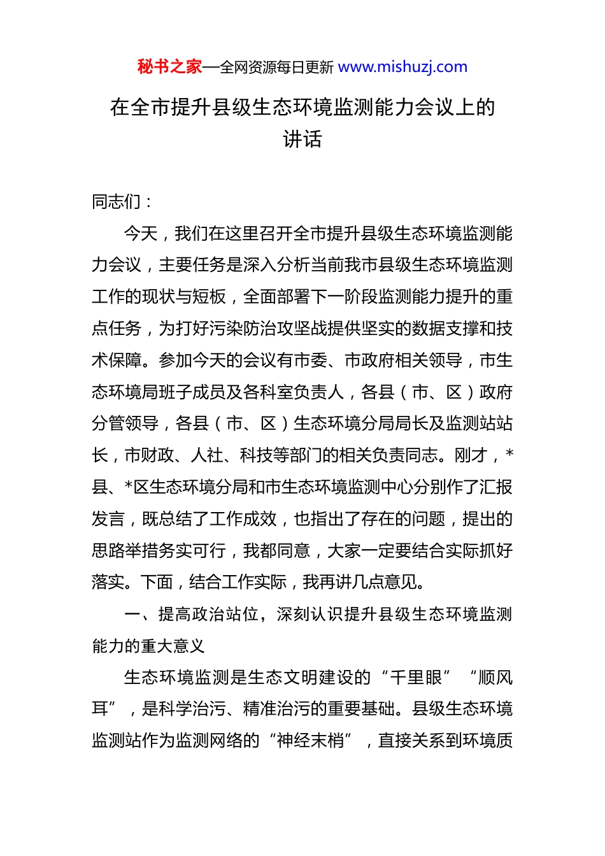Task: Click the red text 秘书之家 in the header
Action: (x=169, y=67)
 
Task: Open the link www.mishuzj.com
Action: (x=402, y=67)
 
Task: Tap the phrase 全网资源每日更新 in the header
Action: (x=276, y=68)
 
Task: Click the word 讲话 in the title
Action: (x=302, y=139)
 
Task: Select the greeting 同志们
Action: (x=117, y=202)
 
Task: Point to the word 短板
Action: (x=210, y=297)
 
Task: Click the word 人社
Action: (x=208, y=455)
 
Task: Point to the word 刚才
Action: (x=471, y=455)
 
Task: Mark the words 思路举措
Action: (x=125, y=551)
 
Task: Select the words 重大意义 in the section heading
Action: (x=173, y=646)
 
